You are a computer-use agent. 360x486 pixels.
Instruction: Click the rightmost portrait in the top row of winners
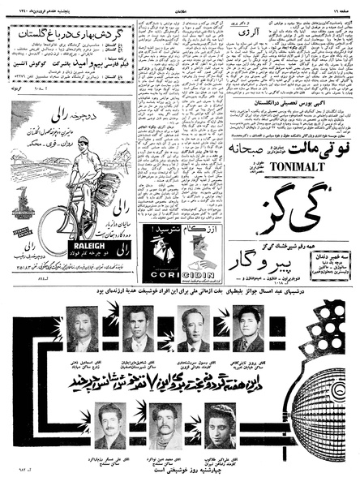(248, 328)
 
